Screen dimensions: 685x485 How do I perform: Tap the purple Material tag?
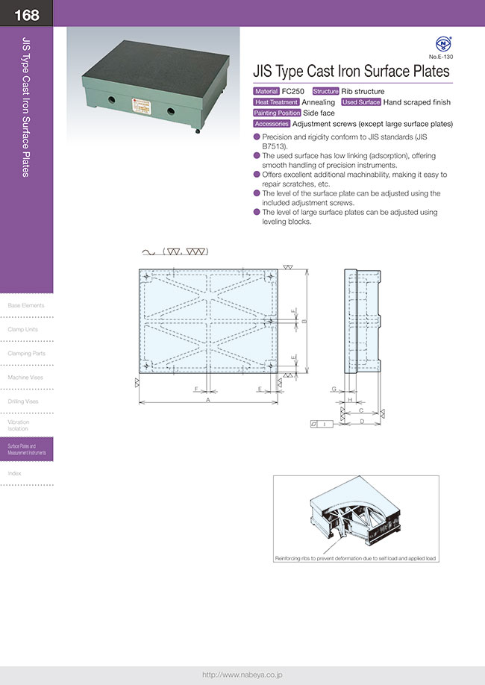(x=266, y=91)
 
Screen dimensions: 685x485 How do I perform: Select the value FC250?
(x=293, y=91)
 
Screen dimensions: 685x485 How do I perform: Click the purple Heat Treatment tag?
(x=276, y=102)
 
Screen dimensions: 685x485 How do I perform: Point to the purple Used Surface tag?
(x=361, y=102)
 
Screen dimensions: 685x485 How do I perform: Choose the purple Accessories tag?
(x=272, y=124)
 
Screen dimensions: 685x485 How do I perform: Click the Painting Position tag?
(x=277, y=113)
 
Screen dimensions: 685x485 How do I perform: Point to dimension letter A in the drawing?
(x=207, y=401)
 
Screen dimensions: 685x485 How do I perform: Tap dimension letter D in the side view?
(x=361, y=421)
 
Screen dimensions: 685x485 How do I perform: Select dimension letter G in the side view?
(x=334, y=390)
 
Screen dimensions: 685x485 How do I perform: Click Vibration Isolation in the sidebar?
(x=19, y=425)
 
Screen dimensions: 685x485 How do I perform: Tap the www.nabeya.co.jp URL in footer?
(x=242, y=675)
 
